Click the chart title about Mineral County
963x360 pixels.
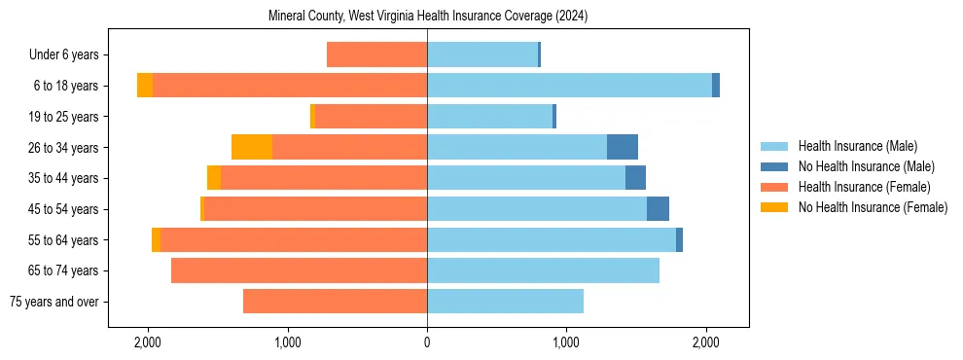click(x=427, y=17)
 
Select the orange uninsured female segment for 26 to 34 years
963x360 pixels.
click(x=252, y=147)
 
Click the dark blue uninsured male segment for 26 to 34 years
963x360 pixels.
click(x=623, y=147)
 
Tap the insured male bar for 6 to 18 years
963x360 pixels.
click(x=569, y=86)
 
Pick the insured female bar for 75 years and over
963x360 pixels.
click(x=335, y=302)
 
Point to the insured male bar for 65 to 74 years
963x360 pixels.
click(x=543, y=270)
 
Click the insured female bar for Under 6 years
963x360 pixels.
click(x=376, y=54)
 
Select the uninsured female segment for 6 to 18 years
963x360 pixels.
click(x=145, y=86)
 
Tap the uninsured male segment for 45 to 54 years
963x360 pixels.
click(x=658, y=209)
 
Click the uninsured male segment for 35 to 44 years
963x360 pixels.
click(x=635, y=178)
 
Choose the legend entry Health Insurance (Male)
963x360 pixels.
click(x=857, y=146)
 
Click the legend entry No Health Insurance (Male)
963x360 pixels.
click(x=866, y=166)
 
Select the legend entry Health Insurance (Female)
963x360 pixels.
click(x=864, y=187)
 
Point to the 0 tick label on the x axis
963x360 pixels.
click(x=427, y=342)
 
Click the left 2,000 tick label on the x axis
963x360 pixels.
click(x=148, y=342)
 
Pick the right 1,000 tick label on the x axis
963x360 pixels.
click(x=566, y=342)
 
